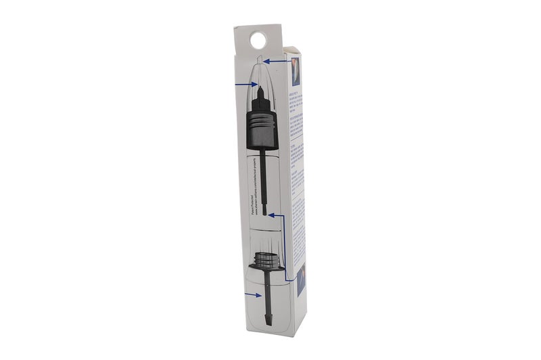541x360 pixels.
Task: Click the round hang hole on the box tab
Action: (256, 41)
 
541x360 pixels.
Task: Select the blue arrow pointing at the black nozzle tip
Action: (244, 85)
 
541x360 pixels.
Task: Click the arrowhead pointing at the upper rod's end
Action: (271, 215)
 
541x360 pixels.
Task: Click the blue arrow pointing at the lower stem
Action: (254, 295)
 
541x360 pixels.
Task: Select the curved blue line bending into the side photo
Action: (287, 271)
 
